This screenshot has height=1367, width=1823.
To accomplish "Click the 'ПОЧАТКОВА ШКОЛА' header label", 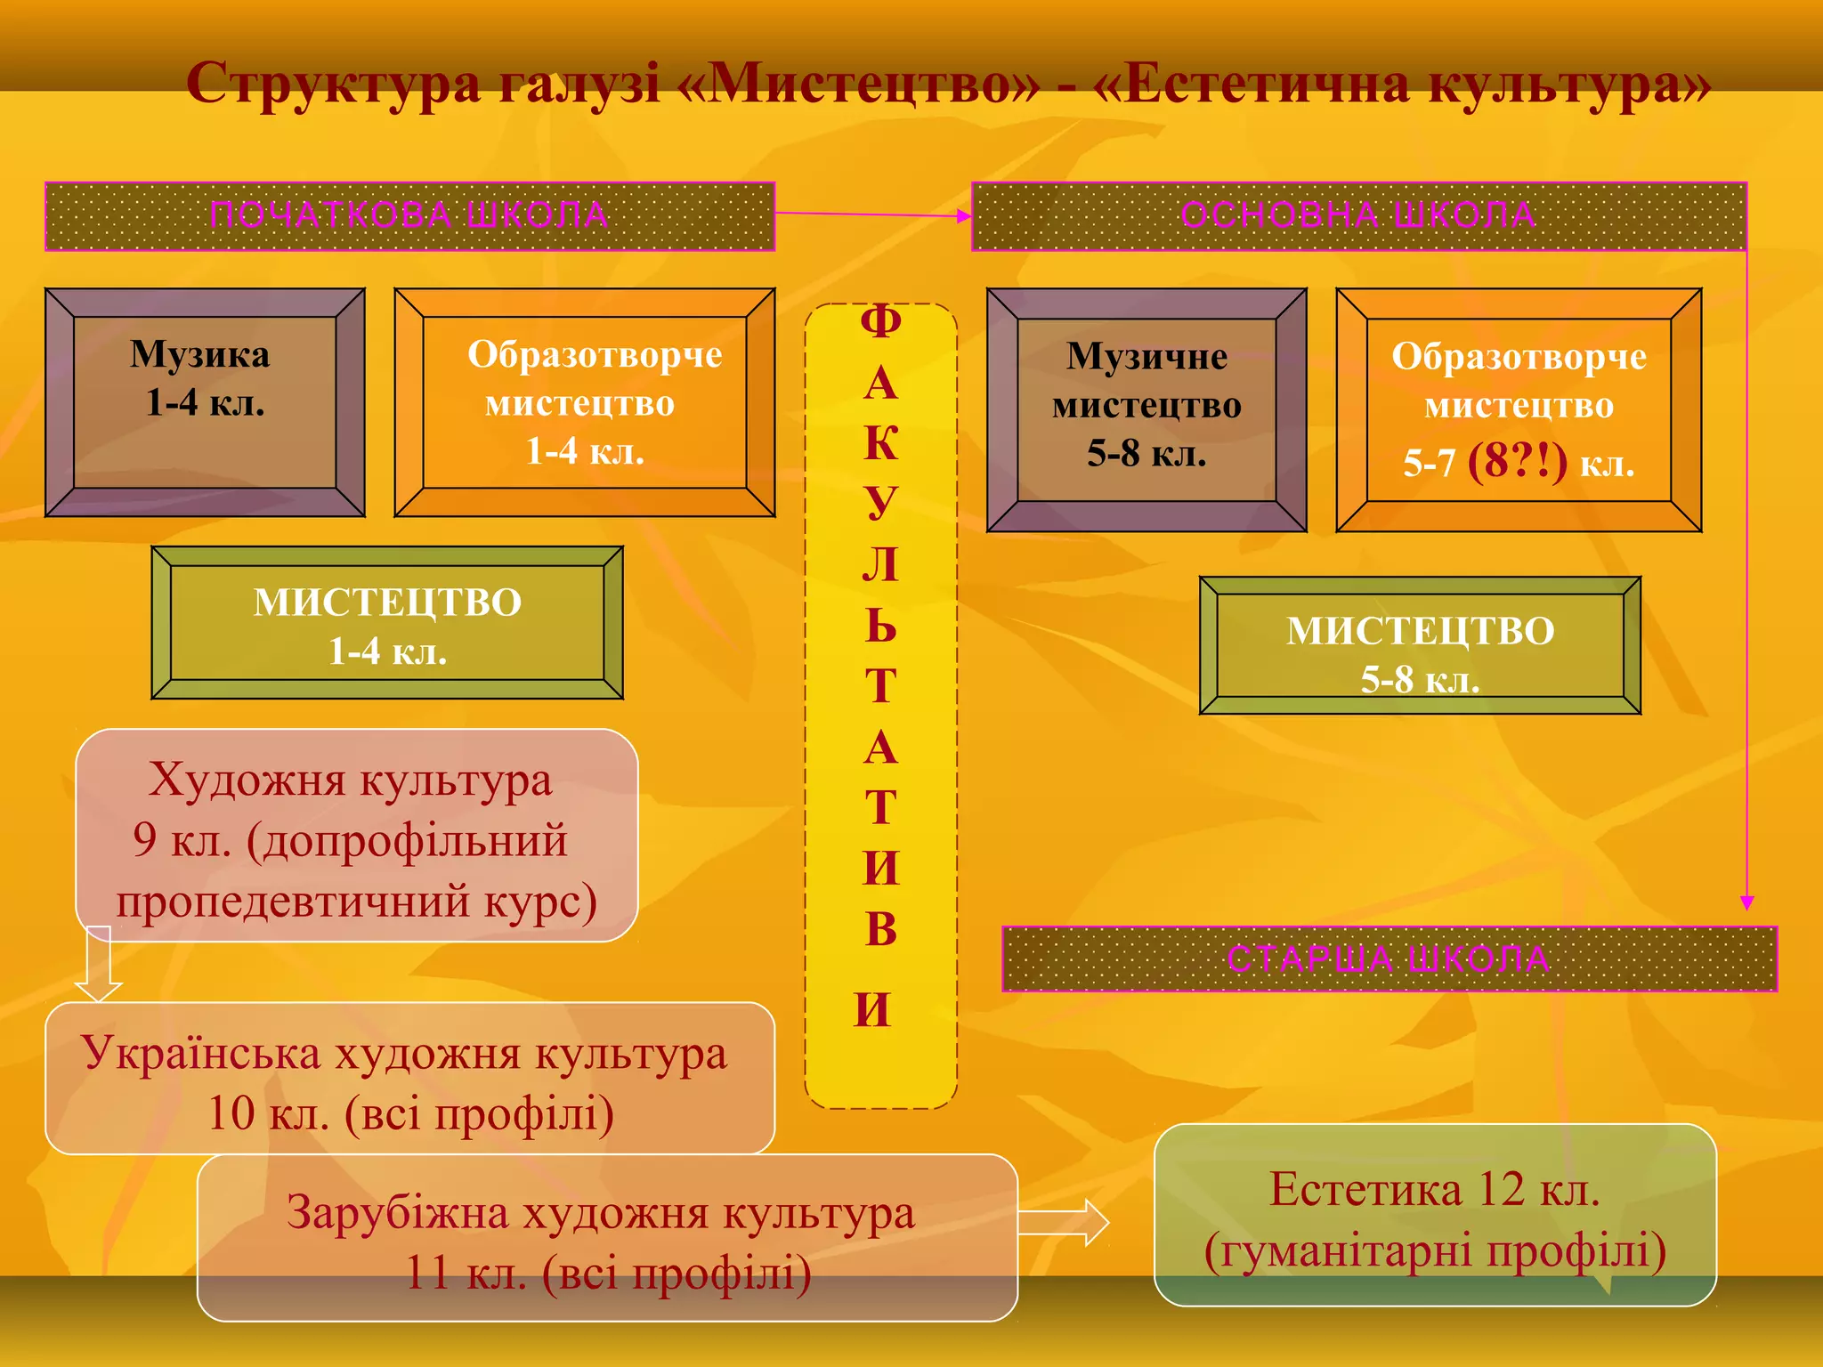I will (x=409, y=216).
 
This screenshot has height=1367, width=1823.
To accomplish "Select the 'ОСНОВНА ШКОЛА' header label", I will (x=1358, y=216).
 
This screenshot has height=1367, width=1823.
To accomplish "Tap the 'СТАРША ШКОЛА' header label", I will (x=1389, y=959).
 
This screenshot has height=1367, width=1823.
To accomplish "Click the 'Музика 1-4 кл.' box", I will (x=205, y=402).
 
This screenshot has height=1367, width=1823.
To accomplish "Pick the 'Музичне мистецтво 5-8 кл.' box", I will (x=1146, y=409).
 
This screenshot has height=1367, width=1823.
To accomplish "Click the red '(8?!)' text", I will (x=1517, y=462).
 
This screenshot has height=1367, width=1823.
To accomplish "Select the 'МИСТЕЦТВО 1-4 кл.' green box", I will (x=387, y=624).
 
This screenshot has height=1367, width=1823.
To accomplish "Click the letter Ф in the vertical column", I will (x=880, y=322).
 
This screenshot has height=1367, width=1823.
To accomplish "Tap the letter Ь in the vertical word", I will (x=880, y=625).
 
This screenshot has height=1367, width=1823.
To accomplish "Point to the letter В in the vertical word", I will (x=880, y=929).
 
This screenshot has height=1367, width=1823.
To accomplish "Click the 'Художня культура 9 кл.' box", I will (x=356, y=837).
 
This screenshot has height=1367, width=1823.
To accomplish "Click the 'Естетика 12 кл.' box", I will (x=1435, y=1216).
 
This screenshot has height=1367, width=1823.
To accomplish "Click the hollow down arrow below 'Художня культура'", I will (x=98, y=966).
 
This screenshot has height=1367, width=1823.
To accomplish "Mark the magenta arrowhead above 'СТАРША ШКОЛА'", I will (x=1747, y=902).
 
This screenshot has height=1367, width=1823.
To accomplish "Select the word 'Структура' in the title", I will (x=334, y=85).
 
